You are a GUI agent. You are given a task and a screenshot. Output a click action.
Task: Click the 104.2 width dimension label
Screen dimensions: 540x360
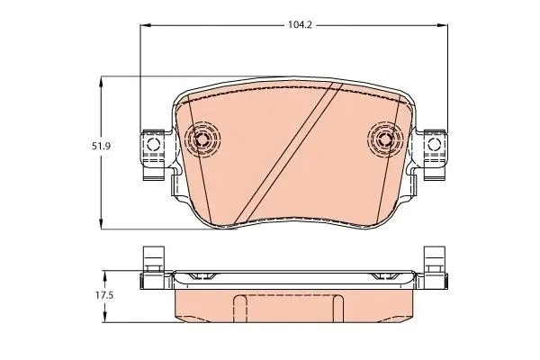(x=300, y=25)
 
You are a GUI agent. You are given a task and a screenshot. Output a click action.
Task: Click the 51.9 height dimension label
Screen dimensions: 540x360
(x=101, y=146)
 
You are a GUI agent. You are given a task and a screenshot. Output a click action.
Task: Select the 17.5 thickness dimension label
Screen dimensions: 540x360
(x=104, y=295)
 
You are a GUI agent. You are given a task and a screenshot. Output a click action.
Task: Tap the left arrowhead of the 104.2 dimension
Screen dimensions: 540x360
(x=146, y=25)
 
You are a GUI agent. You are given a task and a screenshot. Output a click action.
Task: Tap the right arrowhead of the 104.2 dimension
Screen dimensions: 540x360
(x=443, y=25)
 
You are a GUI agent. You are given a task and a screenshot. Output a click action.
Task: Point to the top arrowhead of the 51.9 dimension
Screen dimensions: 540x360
(x=101, y=82)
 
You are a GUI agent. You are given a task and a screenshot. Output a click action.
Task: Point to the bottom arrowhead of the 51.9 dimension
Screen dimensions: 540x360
(x=101, y=223)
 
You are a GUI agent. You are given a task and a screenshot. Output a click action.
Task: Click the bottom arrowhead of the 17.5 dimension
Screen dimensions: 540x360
(x=105, y=317)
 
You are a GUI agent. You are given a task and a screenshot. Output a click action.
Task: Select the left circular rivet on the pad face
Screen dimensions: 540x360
(x=202, y=139)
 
